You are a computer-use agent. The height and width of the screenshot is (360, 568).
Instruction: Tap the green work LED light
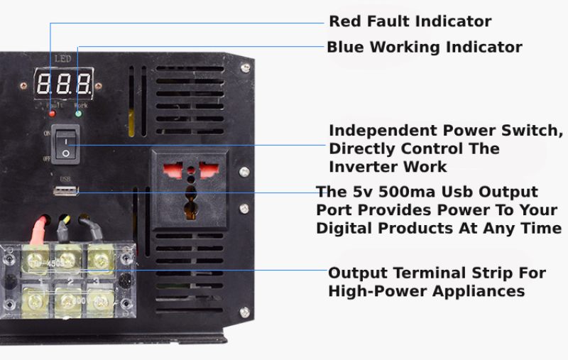[x=78, y=112]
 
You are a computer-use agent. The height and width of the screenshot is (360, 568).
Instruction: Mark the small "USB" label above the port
[x=65, y=178]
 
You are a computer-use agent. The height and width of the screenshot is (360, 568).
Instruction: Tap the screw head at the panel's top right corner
[x=245, y=67]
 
